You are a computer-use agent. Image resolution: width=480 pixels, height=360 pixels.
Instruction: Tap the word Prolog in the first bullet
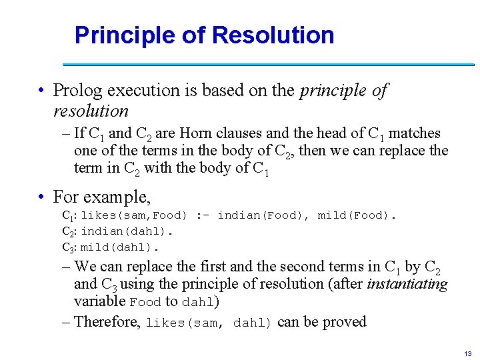75,90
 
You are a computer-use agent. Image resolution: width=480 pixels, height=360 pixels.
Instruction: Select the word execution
137,90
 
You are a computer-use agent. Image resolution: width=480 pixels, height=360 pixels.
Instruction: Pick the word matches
416,134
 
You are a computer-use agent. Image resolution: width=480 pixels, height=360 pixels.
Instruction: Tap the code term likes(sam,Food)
135,216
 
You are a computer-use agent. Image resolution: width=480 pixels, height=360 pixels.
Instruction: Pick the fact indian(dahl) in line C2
127,231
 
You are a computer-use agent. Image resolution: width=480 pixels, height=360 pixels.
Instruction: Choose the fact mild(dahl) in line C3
120,247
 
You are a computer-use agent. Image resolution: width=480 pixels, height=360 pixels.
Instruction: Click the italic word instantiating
407,284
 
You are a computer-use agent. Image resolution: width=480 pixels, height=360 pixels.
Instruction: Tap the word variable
100,301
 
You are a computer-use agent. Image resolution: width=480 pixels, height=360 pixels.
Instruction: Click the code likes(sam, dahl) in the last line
209,323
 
